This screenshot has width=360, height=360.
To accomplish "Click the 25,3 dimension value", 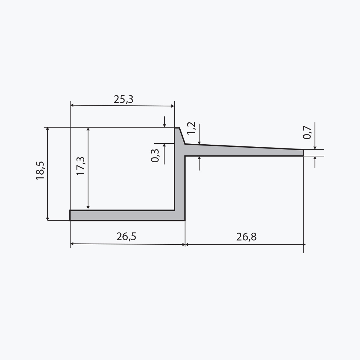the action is (124, 99).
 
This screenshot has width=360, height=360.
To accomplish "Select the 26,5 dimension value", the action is (126, 236).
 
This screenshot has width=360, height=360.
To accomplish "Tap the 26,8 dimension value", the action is (246, 237).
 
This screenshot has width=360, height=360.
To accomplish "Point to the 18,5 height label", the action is (40, 171).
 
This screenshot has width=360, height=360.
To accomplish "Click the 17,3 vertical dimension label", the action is (81, 166).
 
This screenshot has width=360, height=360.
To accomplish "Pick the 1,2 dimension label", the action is (191, 128).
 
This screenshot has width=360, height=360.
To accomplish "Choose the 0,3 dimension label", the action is (155, 156).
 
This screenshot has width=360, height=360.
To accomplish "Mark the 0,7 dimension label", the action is (307, 133).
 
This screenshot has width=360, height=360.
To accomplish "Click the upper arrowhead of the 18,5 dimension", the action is (48, 129).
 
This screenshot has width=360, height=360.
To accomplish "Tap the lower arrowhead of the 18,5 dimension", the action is (48, 219).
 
